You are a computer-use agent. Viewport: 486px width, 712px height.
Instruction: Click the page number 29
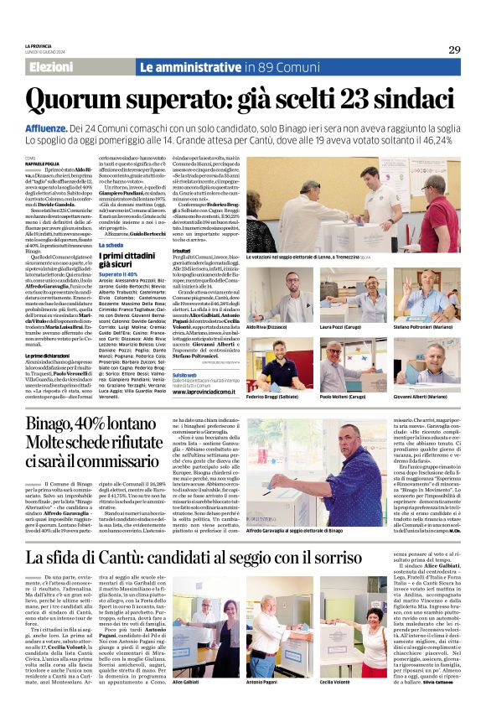[454, 49]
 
